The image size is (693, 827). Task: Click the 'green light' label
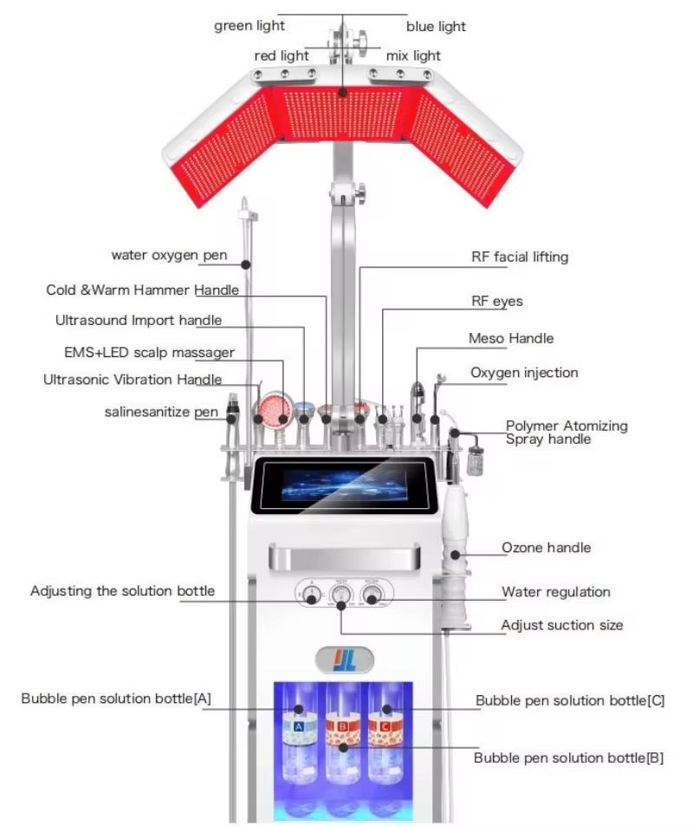click(x=249, y=26)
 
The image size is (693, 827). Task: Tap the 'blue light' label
click(x=436, y=27)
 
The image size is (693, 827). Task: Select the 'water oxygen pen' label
click(x=170, y=255)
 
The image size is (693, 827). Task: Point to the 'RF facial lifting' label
click(x=520, y=257)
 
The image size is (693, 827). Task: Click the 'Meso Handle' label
click(x=511, y=338)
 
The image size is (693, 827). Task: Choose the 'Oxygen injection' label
click(x=524, y=373)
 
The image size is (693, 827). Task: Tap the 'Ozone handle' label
click(x=546, y=548)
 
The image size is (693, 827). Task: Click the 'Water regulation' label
click(x=556, y=592)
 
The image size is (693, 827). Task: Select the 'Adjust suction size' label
click(x=561, y=625)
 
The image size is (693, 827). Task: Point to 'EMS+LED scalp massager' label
click(x=149, y=353)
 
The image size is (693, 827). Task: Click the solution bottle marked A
click(x=298, y=728)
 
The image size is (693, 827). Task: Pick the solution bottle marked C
click(x=386, y=728)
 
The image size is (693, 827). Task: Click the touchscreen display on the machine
click(x=343, y=485)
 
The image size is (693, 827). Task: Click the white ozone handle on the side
click(x=457, y=537)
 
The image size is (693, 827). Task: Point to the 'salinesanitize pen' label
click(x=162, y=413)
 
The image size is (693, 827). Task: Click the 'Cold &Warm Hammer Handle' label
click(x=143, y=290)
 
